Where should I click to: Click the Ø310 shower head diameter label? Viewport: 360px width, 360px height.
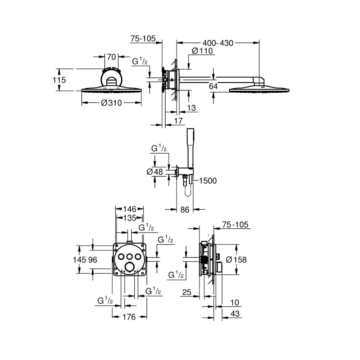tap(112, 103)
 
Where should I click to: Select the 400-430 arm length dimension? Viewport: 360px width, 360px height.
tap(218, 43)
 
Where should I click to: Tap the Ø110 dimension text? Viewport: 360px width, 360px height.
tap(202, 51)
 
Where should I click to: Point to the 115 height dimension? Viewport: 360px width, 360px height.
tap(59, 80)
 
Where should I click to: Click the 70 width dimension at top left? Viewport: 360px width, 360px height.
tap(112, 57)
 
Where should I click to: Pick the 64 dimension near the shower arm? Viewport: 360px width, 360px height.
tap(213, 86)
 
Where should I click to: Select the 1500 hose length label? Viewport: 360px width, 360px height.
tap(208, 181)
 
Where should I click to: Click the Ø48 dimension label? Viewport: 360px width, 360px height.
tap(155, 172)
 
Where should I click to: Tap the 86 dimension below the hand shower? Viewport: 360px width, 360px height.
tap(185, 210)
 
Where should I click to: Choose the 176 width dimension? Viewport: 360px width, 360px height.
tap(129, 317)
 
